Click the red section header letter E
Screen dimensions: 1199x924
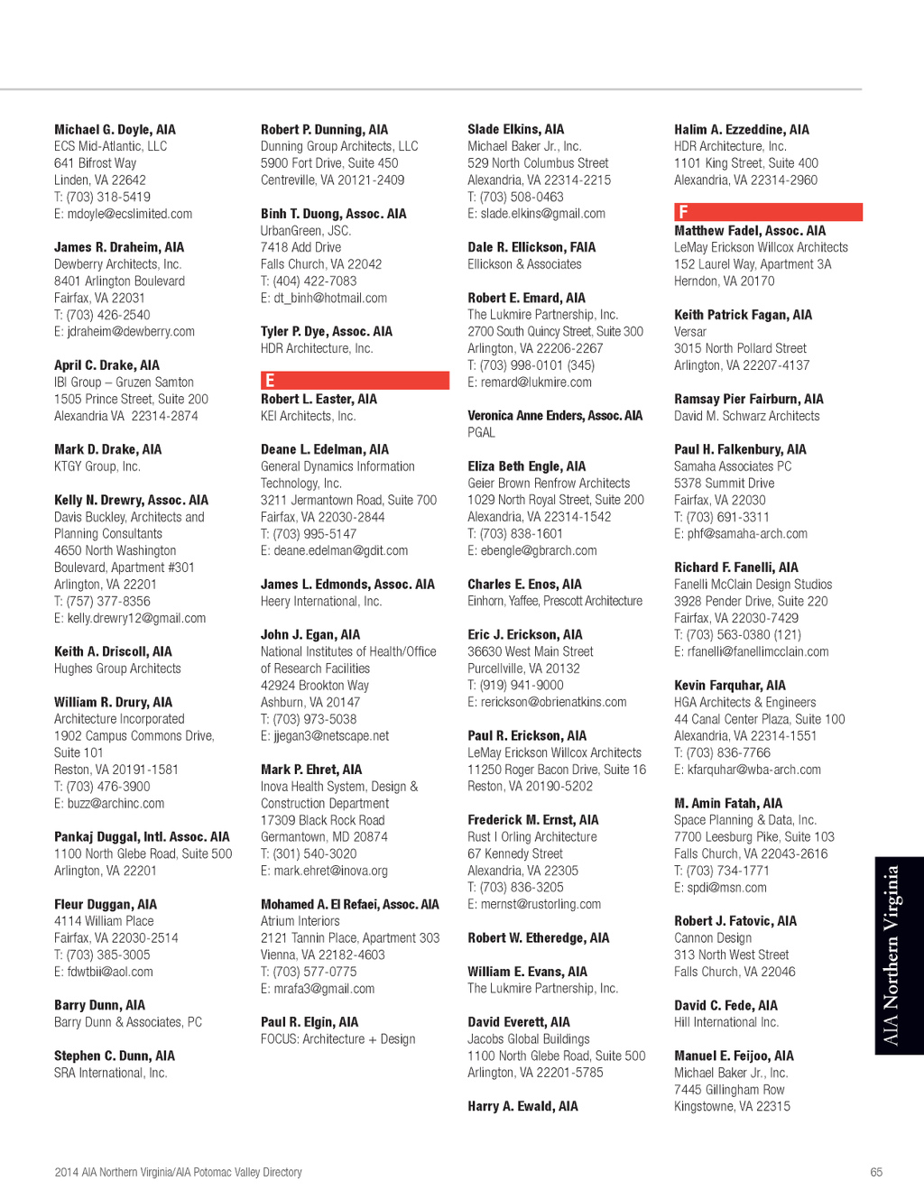click(x=270, y=381)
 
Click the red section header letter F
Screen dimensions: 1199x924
click(x=683, y=212)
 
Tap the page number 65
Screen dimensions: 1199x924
click(x=876, y=1172)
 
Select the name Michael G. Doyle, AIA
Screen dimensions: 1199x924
click(x=115, y=130)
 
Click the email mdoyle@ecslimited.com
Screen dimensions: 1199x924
click(x=123, y=214)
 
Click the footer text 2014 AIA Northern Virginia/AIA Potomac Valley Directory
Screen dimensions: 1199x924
click(x=178, y=1172)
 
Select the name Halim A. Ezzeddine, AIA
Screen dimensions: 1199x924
click(x=741, y=130)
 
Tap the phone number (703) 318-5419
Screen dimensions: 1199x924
click(x=108, y=197)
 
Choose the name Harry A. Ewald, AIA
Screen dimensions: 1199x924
click(x=522, y=1106)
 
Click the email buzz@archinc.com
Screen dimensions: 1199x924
click(x=109, y=803)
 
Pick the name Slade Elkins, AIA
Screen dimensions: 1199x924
click(x=515, y=130)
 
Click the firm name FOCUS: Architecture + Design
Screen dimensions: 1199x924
click(x=337, y=1039)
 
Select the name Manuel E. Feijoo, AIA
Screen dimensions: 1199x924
click(x=734, y=1056)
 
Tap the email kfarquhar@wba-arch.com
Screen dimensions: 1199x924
click(x=747, y=770)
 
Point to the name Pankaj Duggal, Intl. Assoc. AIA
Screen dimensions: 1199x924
click(x=142, y=837)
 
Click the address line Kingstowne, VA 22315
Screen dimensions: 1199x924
click(x=732, y=1106)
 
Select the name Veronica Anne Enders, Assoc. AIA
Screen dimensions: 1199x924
click(x=555, y=416)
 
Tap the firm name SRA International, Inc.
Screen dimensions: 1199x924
click(x=110, y=1073)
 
